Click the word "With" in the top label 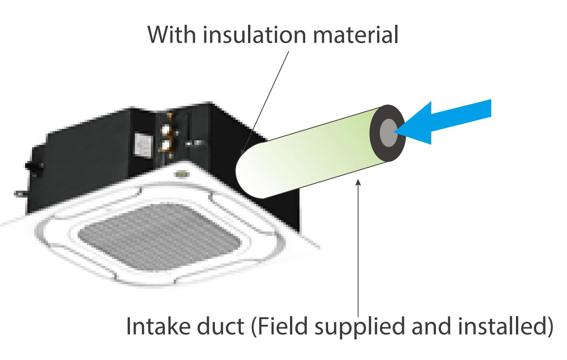(172, 35)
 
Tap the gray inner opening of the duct (388, 133)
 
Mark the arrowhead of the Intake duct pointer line (358, 183)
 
